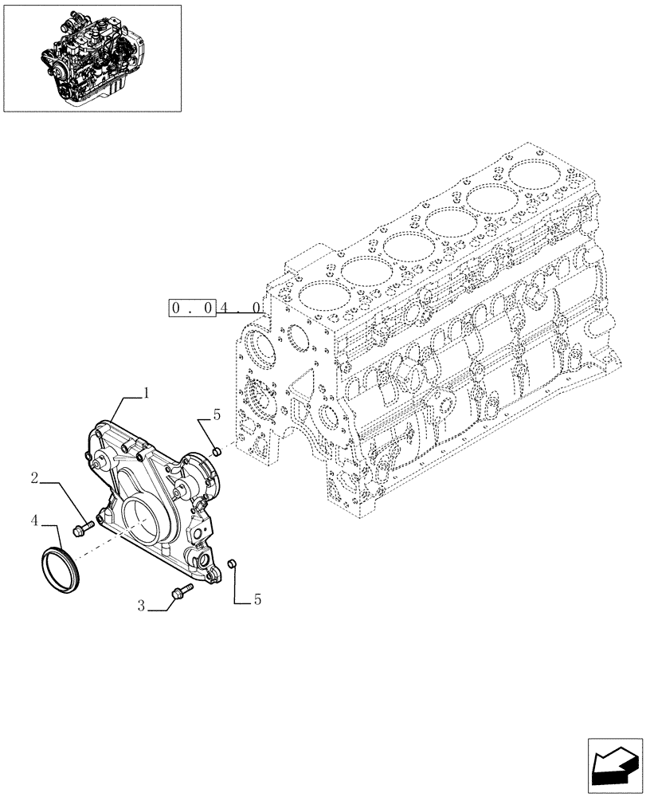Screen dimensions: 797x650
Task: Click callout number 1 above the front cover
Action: pyautogui.click(x=147, y=391)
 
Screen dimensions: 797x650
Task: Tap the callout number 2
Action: pyautogui.click(x=35, y=479)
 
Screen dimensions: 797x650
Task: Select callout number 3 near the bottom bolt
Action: pyautogui.click(x=141, y=607)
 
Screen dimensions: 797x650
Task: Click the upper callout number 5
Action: pyautogui.click(x=216, y=415)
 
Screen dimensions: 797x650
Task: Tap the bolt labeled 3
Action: pyautogui.click(x=180, y=591)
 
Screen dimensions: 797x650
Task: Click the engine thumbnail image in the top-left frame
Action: pyautogui.click(x=92, y=58)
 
